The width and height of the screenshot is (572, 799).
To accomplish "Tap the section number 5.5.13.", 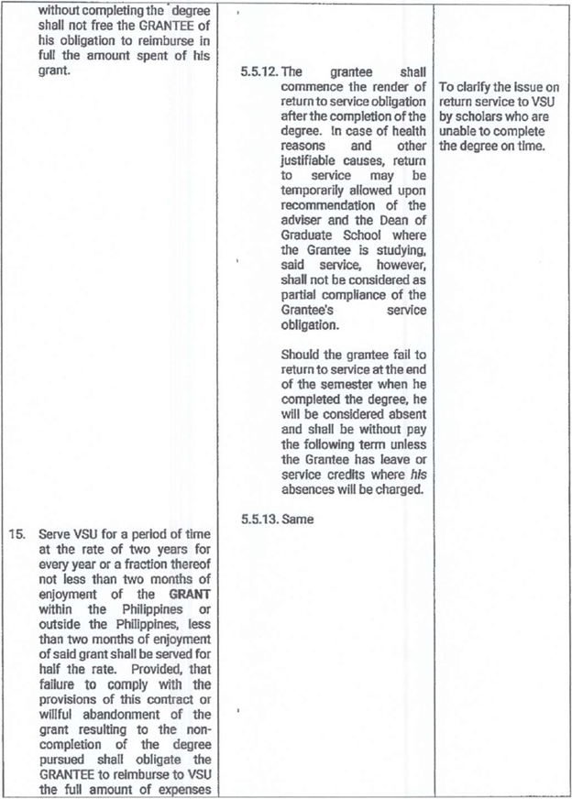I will [258, 520].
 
